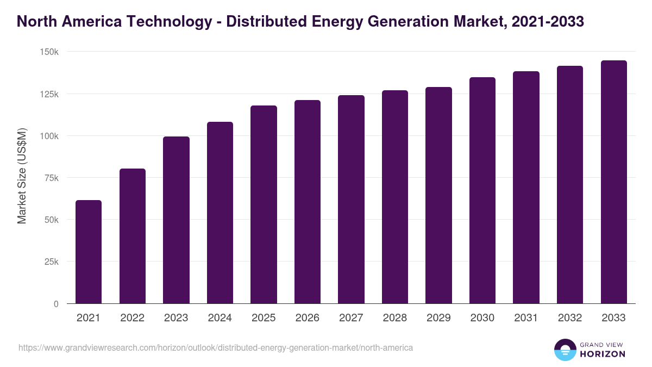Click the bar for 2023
(x=176, y=220)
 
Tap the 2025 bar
(x=264, y=204)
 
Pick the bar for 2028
(x=395, y=197)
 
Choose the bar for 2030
(x=482, y=190)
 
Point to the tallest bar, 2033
(x=613, y=182)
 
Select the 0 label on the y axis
(x=56, y=304)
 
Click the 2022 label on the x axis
(x=132, y=318)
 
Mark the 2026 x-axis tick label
(x=308, y=318)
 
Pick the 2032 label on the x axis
(x=570, y=318)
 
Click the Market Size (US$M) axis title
(x=22, y=177)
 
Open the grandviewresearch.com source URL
(x=216, y=347)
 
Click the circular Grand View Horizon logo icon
(x=565, y=350)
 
